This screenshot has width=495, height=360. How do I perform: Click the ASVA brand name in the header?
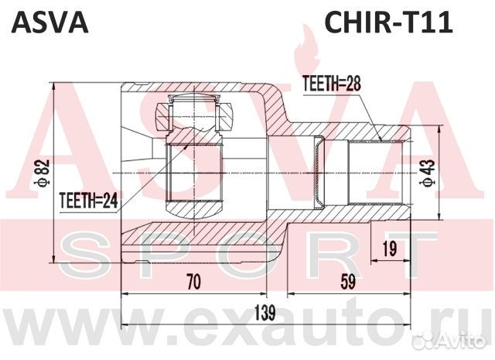pos(47,22)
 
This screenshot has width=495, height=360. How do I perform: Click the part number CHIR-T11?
pos(387,22)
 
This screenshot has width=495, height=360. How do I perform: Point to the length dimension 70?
pos(193,283)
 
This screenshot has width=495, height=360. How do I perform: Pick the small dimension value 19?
pos(390,248)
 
